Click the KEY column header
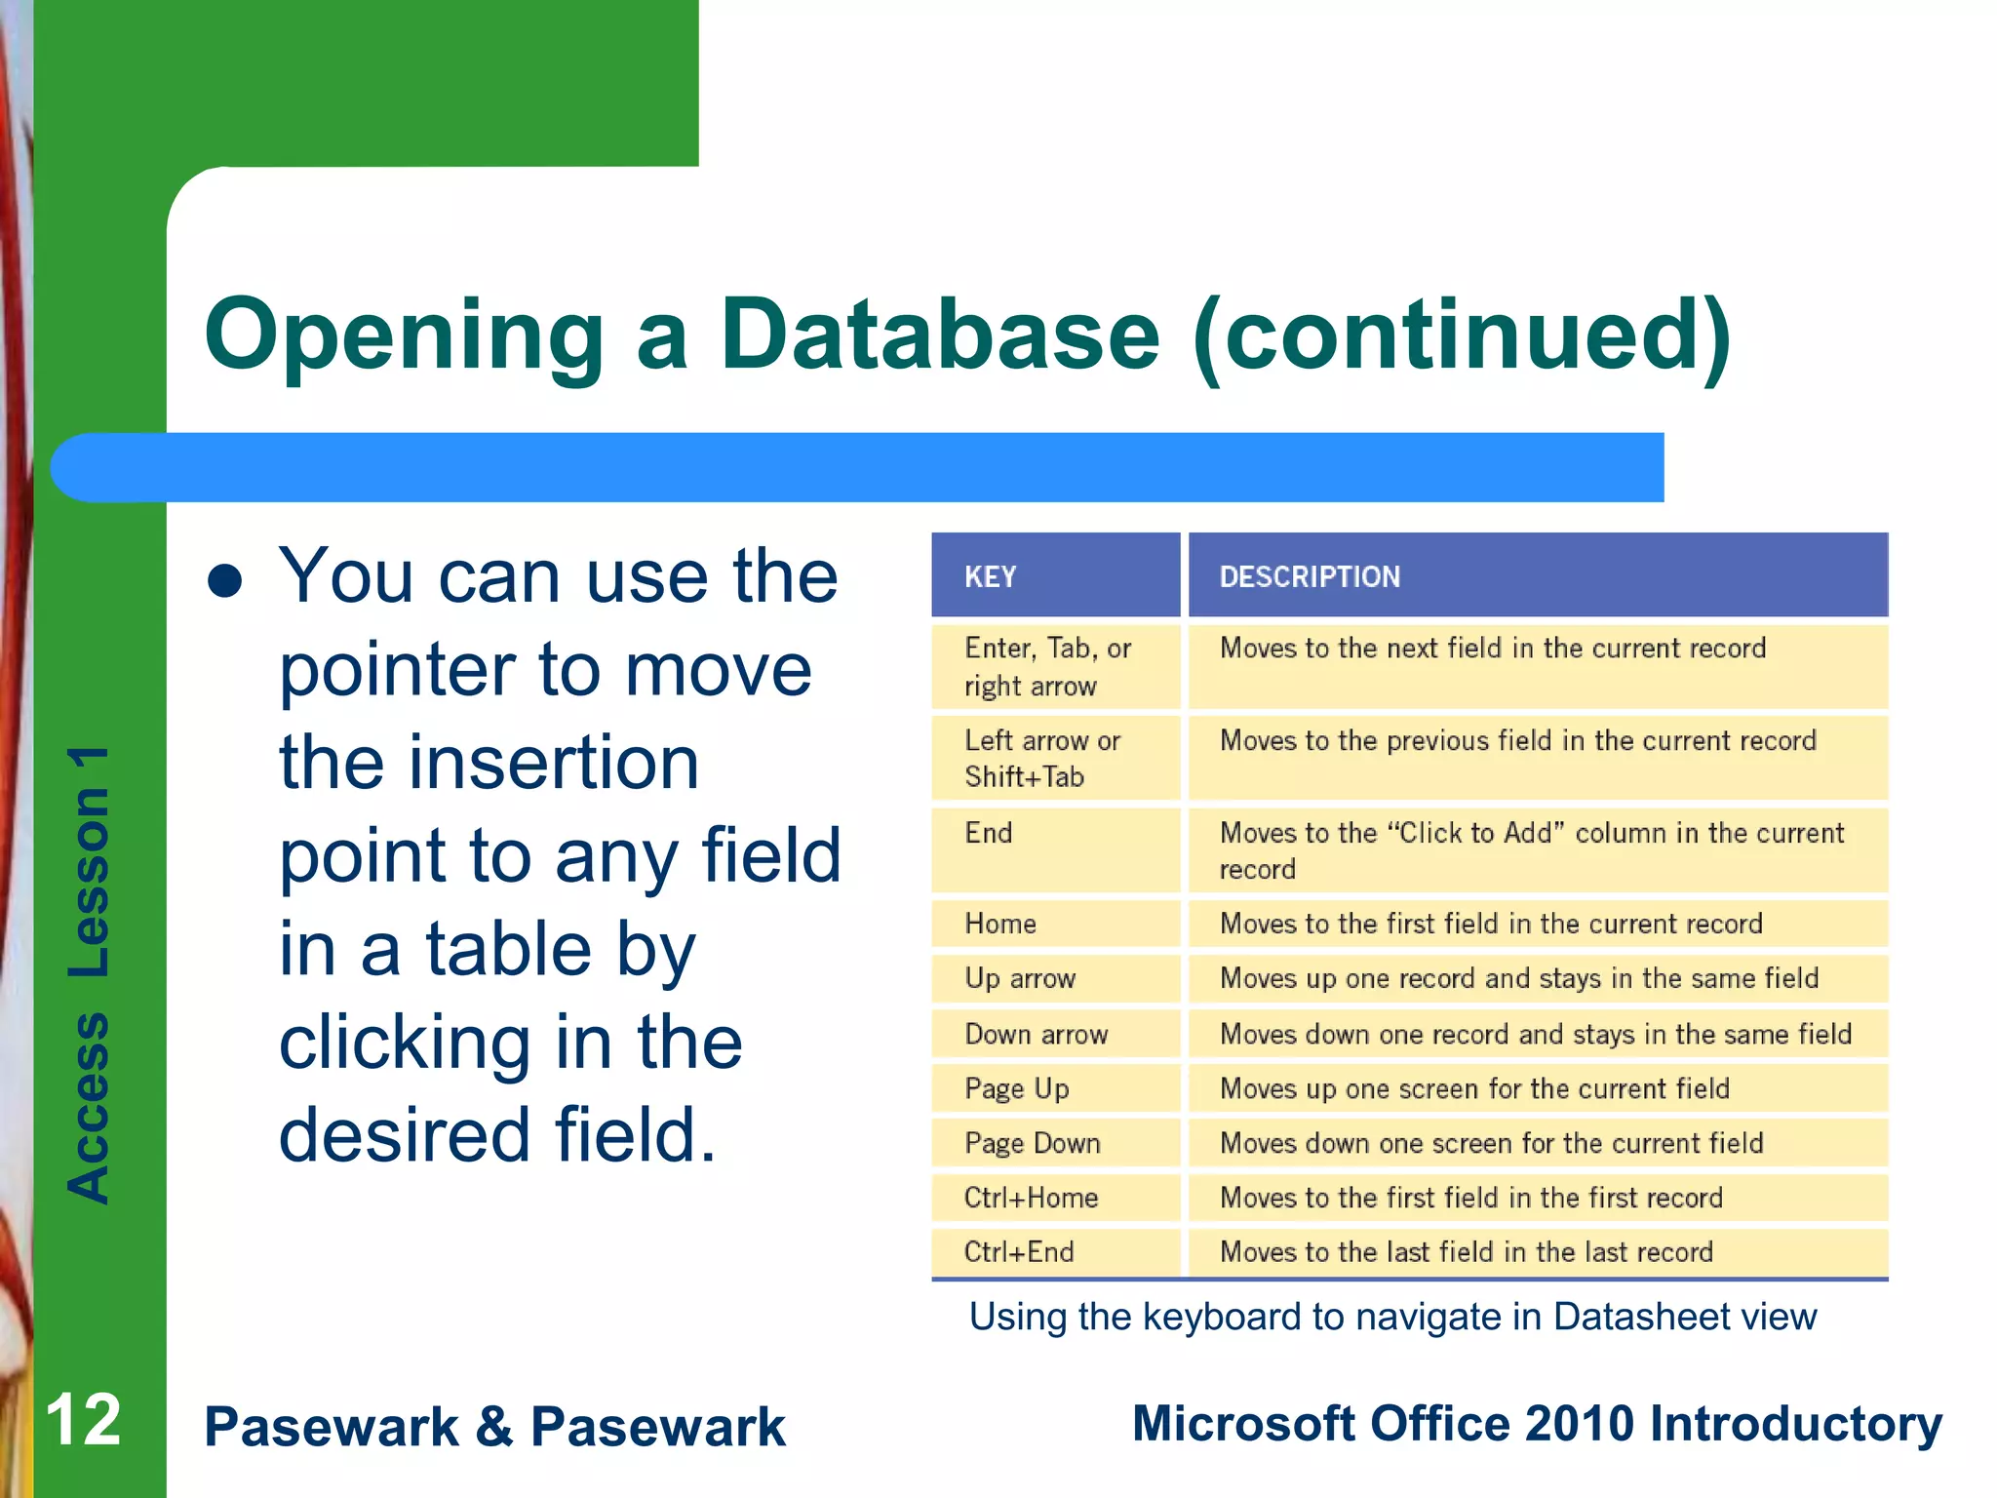[x=990, y=576]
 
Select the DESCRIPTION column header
[x=1310, y=576]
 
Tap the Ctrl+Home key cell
[x=1031, y=1198]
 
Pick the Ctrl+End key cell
[x=1019, y=1252]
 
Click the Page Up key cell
[x=1017, y=1088]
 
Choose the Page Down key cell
[x=1032, y=1143]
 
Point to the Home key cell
[x=1000, y=924]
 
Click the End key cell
[x=989, y=834]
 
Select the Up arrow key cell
[x=1020, y=978]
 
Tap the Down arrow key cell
[x=1036, y=1034]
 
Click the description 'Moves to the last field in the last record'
[x=1466, y=1252]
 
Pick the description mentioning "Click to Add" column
[x=1531, y=849]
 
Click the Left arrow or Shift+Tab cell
[x=1041, y=758]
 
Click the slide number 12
[x=83, y=1421]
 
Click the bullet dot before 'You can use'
[x=225, y=581]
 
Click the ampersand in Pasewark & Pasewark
[x=494, y=1427]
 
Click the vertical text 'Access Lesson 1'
[x=89, y=975]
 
